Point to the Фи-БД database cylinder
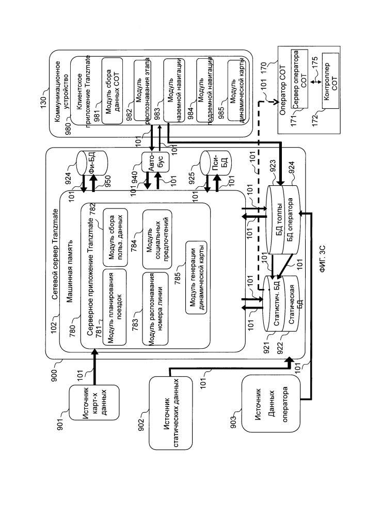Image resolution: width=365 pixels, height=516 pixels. click(90, 162)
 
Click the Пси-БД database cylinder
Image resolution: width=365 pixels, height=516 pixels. click(214, 163)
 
